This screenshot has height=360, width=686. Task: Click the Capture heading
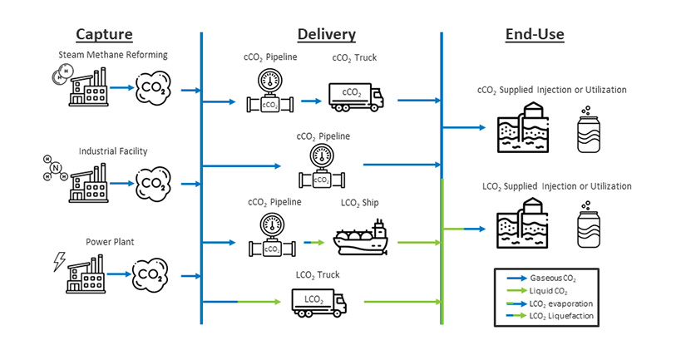click(x=104, y=34)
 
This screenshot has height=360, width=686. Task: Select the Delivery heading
click(x=326, y=34)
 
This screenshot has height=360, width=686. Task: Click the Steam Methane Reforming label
click(x=113, y=55)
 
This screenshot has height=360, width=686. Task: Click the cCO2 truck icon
click(x=356, y=96)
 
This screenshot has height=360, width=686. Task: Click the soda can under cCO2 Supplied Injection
click(x=588, y=129)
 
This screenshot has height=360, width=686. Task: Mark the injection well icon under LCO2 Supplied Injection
click(x=522, y=224)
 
